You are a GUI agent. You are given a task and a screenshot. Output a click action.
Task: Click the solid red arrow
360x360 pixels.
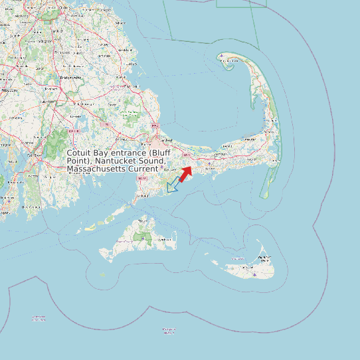point(185,173)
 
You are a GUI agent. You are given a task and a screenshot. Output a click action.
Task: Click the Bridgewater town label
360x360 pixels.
point(70,78)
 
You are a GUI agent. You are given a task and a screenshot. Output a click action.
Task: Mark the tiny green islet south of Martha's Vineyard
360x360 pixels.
point(102,274)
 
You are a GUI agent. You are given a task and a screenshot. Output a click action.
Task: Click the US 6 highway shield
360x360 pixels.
point(187,154)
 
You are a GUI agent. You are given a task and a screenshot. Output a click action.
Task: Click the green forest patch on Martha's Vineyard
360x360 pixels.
point(143,235)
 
